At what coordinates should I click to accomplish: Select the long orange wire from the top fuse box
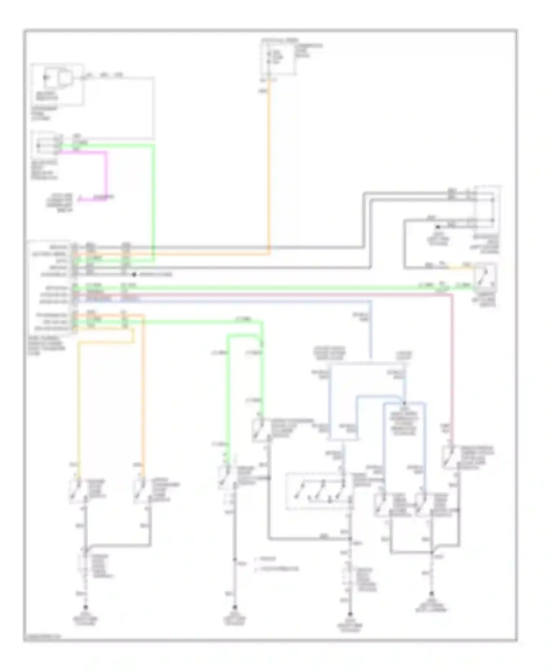pyautogui.click(x=269, y=165)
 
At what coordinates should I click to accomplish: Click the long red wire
pyautogui.click(x=452, y=367)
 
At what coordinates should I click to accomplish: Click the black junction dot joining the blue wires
pyautogui.click(x=404, y=403)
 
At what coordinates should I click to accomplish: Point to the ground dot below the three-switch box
pyautogui.click(x=350, y=613)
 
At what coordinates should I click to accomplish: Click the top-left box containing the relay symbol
pyautogui.click(x=57, y=84)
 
